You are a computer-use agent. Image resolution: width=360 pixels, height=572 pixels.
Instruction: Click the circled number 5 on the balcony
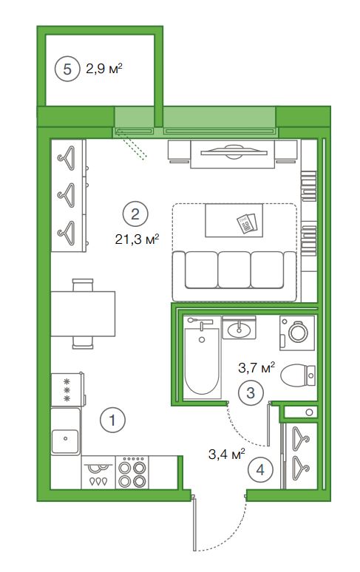tap(67, 69)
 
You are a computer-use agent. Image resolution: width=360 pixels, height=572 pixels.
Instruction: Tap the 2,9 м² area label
tap(103, 68)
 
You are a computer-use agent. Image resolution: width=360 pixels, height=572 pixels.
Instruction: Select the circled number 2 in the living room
tap(135, 214)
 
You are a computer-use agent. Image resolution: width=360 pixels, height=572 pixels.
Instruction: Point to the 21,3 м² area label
tap(137, 239)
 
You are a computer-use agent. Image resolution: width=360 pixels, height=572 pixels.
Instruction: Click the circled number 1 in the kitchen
tap(112, 421)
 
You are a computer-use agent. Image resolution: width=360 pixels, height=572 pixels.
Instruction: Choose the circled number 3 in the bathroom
tap(251, 393)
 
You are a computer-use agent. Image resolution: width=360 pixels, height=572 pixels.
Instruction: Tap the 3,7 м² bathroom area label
tap(257, 368)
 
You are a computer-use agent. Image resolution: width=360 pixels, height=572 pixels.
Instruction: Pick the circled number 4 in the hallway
tap(260, 470)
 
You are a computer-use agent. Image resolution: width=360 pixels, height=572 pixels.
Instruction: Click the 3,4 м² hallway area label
tap(226, 454)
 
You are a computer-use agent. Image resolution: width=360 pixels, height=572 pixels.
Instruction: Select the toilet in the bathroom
tap(298, 375)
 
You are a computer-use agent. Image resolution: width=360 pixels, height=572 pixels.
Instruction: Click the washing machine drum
tap(298, 333)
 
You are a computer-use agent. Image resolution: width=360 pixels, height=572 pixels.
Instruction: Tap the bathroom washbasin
tap(239, 329)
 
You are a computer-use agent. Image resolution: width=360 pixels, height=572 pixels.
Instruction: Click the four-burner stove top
tap(132, 472)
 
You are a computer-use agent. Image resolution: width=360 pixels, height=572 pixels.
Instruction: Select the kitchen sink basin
tap(66, 441)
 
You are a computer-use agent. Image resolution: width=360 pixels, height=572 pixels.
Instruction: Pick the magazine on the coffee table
tap(247, 223)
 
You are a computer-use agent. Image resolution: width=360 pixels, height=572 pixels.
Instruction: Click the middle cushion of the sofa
tap(234, 270)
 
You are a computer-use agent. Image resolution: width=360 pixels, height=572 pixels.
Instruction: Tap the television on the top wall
tap(232, 152)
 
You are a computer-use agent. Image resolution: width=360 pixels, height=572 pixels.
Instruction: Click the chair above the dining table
tap(83, 285)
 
